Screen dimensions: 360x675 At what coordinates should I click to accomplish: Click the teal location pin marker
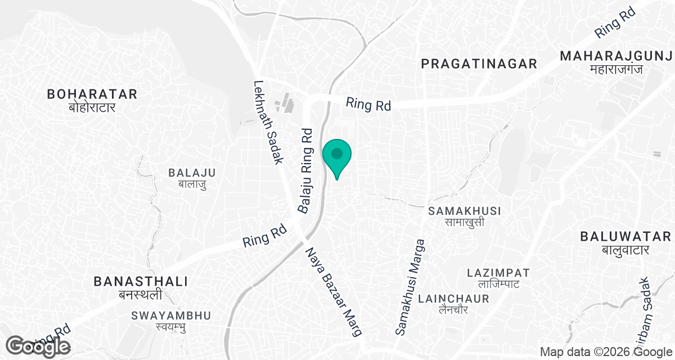click(337, 155)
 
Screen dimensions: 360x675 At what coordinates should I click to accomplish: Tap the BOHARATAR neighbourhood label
click(92, 93)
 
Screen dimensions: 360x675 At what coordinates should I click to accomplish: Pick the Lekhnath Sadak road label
click(268, 121)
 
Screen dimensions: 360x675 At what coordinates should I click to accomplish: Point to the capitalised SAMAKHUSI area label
click(465, 211)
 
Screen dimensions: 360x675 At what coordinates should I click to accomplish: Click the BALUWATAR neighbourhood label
click(625, 236)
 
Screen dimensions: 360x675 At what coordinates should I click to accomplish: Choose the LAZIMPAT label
click(498, 273)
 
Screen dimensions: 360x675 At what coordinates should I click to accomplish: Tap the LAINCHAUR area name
click(453, 298)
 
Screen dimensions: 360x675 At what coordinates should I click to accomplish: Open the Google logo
click(38, 346)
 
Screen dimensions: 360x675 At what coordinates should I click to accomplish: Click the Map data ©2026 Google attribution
click(605, 352)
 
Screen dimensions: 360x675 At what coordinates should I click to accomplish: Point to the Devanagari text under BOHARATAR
click(92, 107)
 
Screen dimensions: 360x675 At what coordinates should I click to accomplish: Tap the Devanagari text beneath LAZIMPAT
click(498, 285)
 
